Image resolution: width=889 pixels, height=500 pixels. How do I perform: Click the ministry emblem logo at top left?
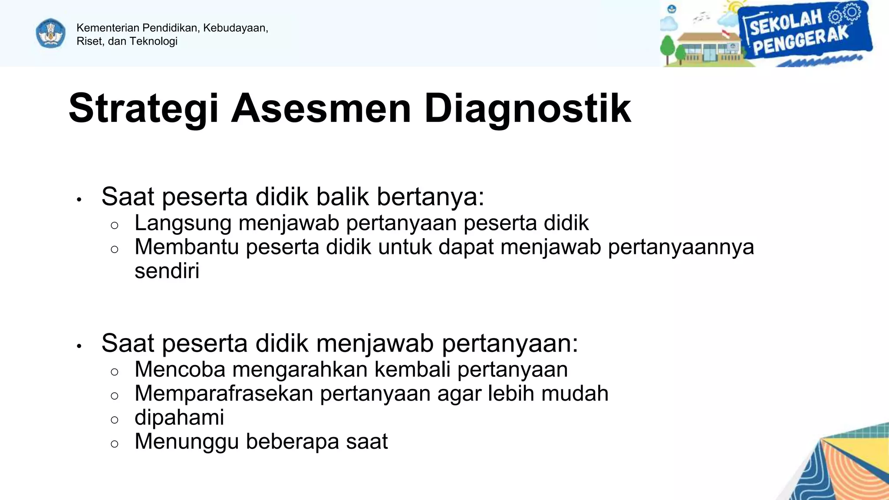point(51,33)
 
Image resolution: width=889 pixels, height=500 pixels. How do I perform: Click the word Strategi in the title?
point(143,109)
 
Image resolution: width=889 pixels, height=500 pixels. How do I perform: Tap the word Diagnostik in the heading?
point(527,109)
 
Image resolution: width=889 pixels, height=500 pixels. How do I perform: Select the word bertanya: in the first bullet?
point(430,197)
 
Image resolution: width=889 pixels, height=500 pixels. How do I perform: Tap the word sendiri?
point(167,271)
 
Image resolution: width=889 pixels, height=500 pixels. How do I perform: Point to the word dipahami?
point(179,418)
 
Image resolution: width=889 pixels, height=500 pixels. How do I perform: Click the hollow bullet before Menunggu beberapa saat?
point(115,444)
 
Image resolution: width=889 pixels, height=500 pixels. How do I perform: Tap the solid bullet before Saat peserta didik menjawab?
point(79,346)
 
